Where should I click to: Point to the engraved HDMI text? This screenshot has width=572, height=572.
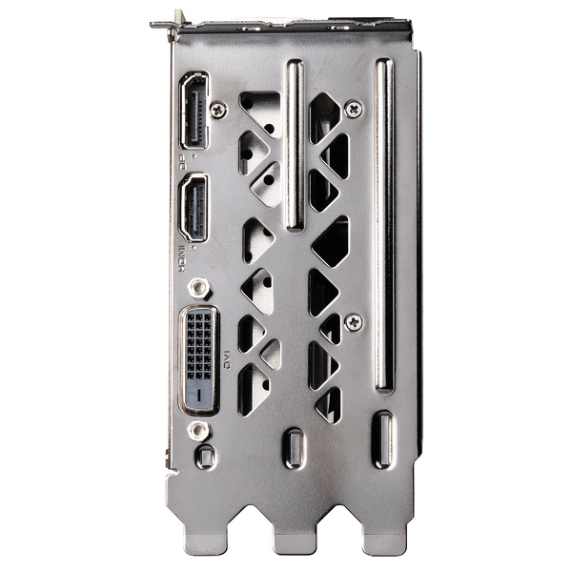click(182, 255)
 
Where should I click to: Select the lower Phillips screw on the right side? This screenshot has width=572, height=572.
click(353, 322)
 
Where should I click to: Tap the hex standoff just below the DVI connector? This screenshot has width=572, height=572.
click(198, 430)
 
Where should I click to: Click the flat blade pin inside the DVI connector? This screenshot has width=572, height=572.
click(197, 391)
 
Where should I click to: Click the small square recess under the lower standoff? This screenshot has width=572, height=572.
click(204, 457)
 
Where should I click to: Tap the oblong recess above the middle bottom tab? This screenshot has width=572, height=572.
click(294, 448)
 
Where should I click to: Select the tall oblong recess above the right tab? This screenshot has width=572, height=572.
click(383, 439)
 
